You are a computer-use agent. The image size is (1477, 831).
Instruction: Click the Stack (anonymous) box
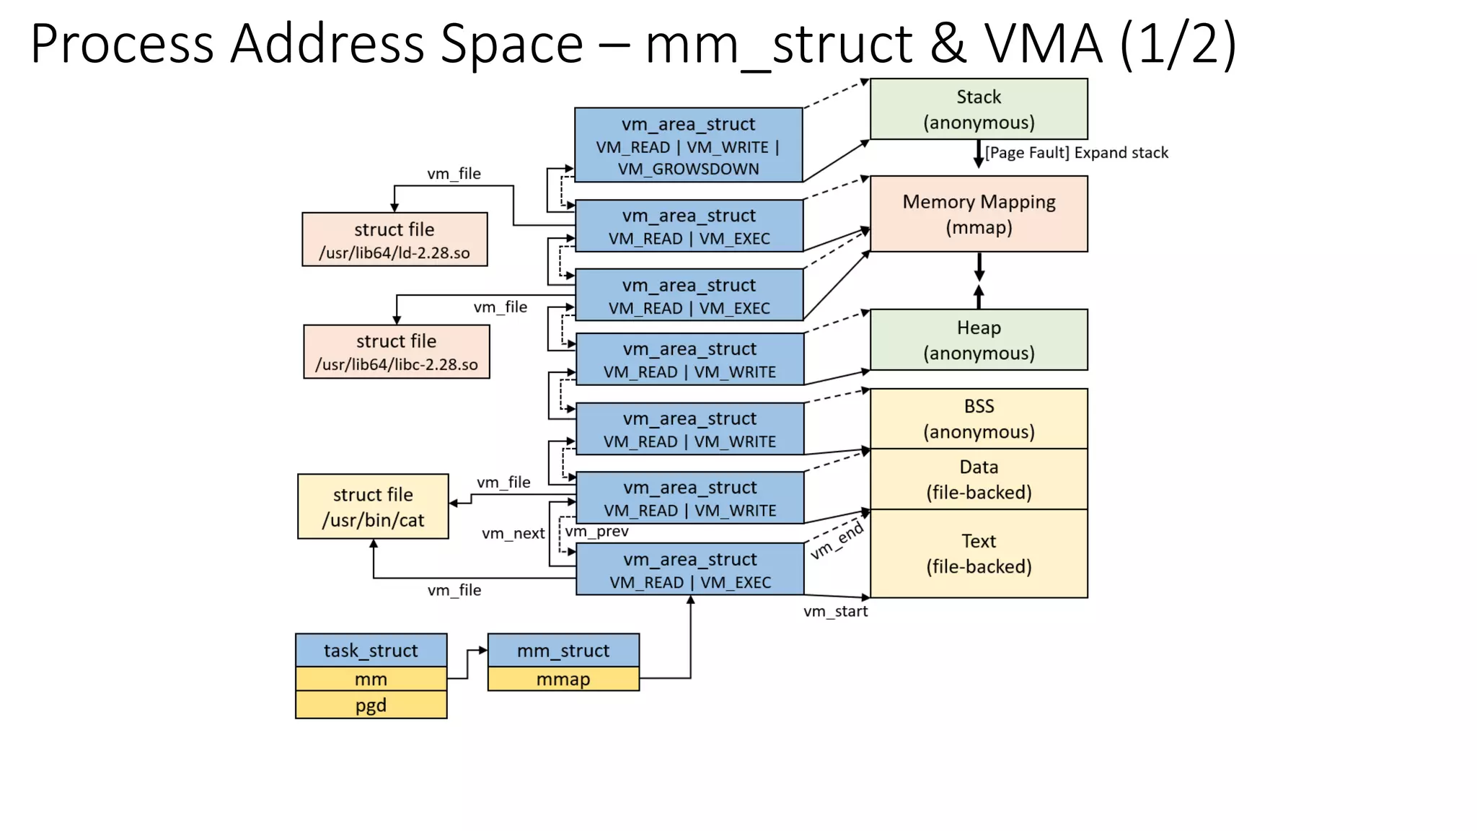tap(978, 109)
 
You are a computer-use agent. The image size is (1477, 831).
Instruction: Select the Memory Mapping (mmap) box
tap(978, 214)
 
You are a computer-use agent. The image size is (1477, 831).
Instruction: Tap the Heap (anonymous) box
tap(978, 340)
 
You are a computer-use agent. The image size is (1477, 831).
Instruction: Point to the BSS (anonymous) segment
tap(978, 418)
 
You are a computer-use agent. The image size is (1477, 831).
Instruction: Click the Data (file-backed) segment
tap(978, 479)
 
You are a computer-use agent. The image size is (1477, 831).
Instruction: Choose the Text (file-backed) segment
tap(978, 553)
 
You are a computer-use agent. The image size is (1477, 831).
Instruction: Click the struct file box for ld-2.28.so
tap(394, 239)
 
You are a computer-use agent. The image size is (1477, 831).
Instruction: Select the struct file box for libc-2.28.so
tap(396, 352)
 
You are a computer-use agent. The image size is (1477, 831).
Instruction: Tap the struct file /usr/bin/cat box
tap(373, 506)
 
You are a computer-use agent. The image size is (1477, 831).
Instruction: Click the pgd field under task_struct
tap(371, 705)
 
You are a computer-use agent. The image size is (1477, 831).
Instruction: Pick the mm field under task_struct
tap(371, 679)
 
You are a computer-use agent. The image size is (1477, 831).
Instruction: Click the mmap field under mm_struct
tap(563, 679)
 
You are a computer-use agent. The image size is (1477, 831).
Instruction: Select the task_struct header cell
tap(371, 650)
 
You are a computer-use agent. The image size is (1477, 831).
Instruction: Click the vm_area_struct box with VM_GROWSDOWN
tap(688, 145)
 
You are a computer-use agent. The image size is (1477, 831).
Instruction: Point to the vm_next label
tap(513, 534)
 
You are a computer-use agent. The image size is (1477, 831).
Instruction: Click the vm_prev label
tap(597, 532)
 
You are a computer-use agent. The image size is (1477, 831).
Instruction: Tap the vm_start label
tap(835, 612)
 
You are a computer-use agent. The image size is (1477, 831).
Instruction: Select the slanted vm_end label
tap(837, 541)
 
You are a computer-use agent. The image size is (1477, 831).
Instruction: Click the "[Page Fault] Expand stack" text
tap(1076, 153)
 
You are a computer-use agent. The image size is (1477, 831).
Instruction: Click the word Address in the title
tap(327, 45)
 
